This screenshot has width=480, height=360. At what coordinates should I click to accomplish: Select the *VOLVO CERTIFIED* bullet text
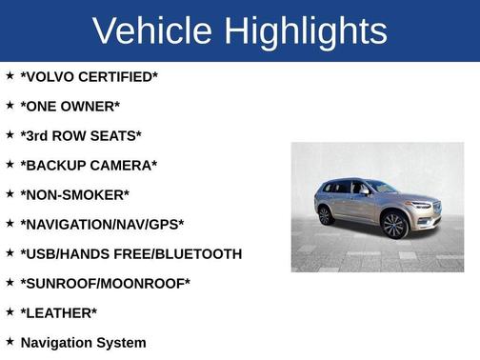tap(89, 76)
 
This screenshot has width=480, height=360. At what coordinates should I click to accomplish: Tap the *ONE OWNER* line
tap(70, 106)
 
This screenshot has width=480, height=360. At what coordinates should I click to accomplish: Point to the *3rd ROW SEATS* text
tap(81, 135)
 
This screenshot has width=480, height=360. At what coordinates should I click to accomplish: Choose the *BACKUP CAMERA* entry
tap(89, 165)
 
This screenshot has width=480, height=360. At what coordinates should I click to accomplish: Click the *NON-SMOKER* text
tap(74, 194)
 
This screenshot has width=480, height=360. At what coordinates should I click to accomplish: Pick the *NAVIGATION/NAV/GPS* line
tap(102, 224)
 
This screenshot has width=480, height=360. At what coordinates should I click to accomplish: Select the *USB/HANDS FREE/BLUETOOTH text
tap(130, 253)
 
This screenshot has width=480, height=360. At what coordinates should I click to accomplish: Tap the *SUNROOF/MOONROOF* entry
tap(105, 283)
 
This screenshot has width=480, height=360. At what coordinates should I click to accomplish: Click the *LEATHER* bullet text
tap(58, 312)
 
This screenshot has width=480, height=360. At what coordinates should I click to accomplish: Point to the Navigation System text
tap(83, 342)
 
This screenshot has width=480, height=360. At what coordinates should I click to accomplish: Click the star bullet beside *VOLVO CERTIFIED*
tap(10, 75)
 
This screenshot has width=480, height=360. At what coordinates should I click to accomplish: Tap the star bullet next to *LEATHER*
tap(10, 311)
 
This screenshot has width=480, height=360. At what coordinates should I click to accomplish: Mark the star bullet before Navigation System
tap(10, 341)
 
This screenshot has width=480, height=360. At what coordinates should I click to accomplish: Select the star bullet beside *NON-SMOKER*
tap(10, 193)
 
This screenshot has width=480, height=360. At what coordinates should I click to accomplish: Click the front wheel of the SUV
tap(393, 226)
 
